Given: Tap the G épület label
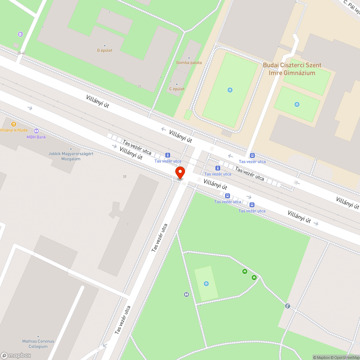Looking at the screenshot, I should point(105,50).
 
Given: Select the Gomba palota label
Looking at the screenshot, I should point(189,63).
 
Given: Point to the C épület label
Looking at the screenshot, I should point(177,89).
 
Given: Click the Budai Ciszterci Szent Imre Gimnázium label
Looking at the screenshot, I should point(292,69).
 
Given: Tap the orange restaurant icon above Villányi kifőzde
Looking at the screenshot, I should point(14,124).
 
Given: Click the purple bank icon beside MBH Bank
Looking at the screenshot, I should point(36,131).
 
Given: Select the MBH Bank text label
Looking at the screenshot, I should point(36,137).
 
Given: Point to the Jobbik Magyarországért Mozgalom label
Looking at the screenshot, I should point(71,156).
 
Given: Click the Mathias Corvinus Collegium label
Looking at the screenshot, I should point(38,344).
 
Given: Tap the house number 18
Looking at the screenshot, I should point(125,177).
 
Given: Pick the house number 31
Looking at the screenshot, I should point(139,86).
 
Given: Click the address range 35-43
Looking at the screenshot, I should point(21,53).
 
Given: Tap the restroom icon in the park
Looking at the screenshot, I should point(186,294).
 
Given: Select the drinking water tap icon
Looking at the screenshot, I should point(287,306).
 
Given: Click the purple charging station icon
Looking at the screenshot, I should point(20,34).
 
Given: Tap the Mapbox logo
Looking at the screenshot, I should point(16,355).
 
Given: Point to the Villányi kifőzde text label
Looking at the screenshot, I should point(14,130).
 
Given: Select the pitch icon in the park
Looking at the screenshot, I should point(206,284).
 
